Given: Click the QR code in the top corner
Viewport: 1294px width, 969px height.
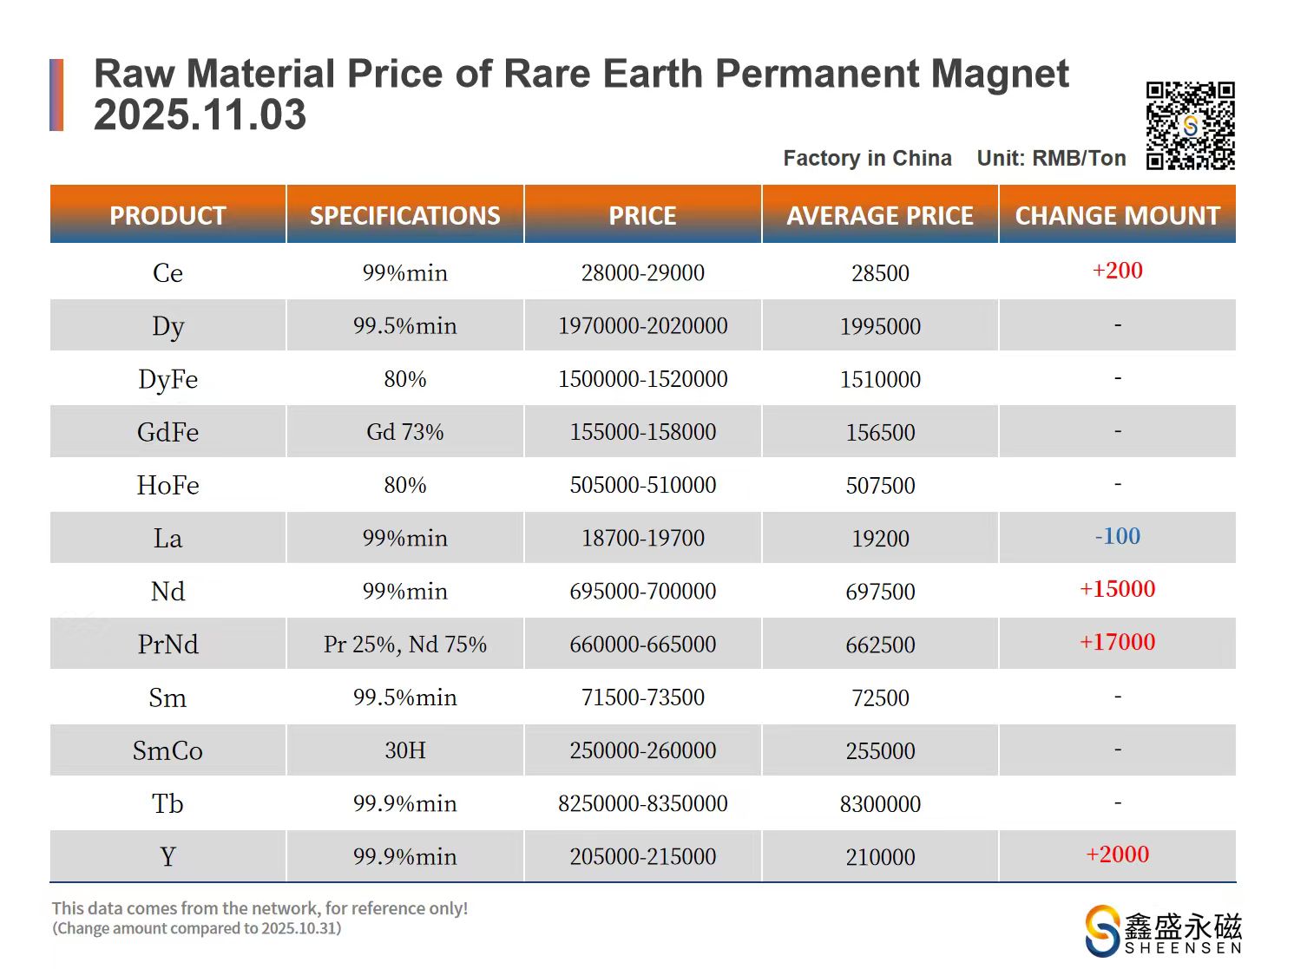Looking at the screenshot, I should pyautogui.click(x=1190, y=126).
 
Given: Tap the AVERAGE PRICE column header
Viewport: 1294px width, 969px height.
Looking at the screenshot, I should pyautogui.click(x=880, y=215).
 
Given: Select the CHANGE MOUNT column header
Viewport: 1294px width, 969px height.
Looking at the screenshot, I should pyautogui.click(x=1117, y=215).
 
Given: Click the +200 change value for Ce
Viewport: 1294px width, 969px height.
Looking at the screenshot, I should pyautogui.click(x=1117, y=271).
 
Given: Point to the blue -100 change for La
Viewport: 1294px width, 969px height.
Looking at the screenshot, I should pyautogui.click(x=1117, y=536).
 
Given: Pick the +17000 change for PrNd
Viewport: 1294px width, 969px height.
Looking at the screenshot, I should pyautogui.click(x=1117, y=642).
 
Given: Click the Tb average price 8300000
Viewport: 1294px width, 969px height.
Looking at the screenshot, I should pyautogui.click(x=880, y=804).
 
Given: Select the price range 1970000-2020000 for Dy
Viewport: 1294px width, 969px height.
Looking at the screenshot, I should pyautogui.click(x=642, y=326).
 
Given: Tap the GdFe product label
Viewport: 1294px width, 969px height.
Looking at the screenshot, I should pyautogui.click(x=167, y=432).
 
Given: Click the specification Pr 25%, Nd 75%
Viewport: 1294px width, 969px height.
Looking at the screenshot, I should pyautogui.click(x=404, y=645).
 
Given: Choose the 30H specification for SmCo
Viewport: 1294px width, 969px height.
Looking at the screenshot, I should pyautogui.click(x=404, y=750).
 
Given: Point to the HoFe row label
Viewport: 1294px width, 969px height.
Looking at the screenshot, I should pyautogui.click(x=167, y=485).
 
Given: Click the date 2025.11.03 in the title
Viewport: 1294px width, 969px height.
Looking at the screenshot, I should pyautogui.click(x=200, y=115).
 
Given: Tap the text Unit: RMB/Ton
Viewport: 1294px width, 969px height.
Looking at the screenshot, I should pyautogui.click(x=1051, y=159).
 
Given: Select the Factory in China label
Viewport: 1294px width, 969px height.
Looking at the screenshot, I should pyautogui.click(x=867, y=159).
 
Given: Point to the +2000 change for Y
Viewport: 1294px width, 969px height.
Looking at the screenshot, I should pyautogui.click(x=1117, y=854).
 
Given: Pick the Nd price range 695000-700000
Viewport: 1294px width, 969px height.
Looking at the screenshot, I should pyautogui.click(x=642, y=592).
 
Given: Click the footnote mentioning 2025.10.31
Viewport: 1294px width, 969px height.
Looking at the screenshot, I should pyautogui.click(x=197, y=929).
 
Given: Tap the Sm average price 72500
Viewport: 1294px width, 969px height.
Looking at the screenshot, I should pyautogui.click(x=880, y=698).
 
